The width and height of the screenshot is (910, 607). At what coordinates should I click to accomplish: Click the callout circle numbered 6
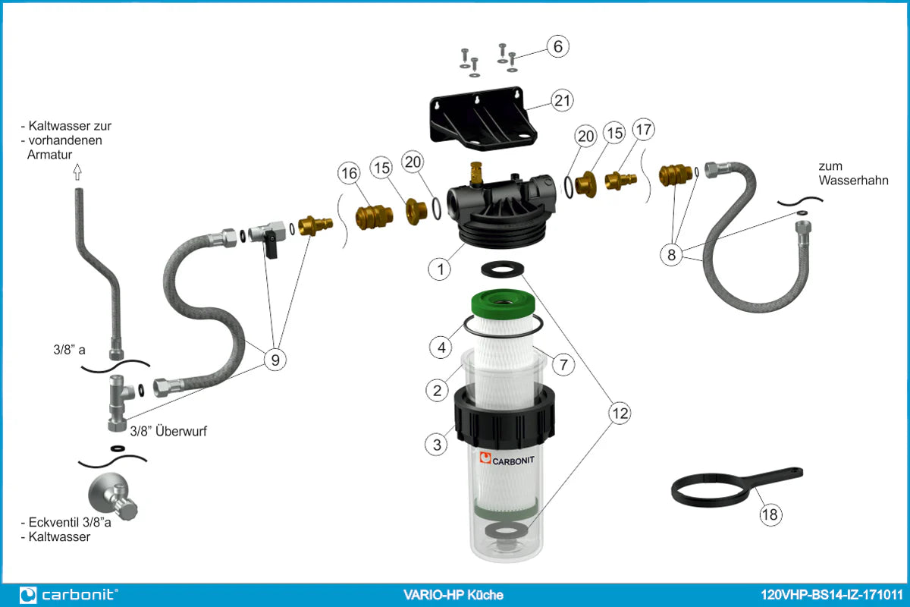pos(558,46)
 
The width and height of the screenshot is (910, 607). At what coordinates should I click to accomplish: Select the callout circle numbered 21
pos(562,100)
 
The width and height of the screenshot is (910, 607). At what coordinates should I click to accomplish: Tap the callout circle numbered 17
pos(644,129)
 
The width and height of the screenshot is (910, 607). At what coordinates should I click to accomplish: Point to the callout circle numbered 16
pos(349,173)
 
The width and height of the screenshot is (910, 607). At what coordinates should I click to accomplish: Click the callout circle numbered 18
pos(770,514)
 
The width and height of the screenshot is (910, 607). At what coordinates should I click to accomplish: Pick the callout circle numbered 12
pos(620,414)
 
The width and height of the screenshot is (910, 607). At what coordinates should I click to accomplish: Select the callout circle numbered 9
pos(275,360)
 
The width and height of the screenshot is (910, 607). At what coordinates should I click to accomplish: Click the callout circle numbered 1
pos(440,269)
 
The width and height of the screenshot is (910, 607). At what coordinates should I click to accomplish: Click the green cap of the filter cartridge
pos(503,303)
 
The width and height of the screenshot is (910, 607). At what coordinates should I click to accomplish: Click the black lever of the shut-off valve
pos(271,247)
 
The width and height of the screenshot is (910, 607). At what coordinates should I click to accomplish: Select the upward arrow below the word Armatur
pos(77,172)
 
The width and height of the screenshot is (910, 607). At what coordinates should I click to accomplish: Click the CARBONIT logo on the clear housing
pos(507,459)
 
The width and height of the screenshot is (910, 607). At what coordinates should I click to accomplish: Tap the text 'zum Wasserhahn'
pos(853,173)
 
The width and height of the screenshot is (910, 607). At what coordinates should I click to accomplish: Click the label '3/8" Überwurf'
pos(168,431)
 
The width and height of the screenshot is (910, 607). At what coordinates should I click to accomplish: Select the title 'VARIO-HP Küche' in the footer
pos(453,595)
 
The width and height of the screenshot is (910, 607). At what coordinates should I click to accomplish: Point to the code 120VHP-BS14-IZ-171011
pos(831,595)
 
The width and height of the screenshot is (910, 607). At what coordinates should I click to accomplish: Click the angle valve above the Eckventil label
pos(113,496)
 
